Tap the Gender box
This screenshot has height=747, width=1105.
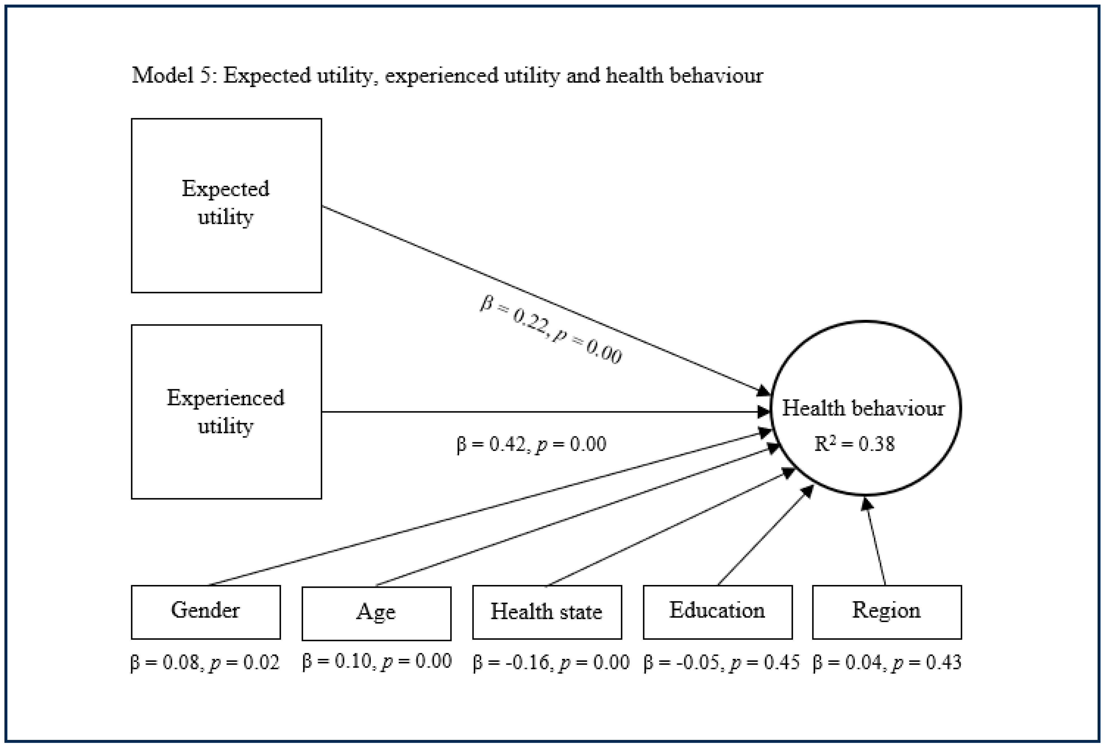point(205,612)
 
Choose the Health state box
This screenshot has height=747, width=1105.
point(547,612)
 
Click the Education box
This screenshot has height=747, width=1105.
point(718,612)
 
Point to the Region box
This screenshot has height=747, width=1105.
point(887,612)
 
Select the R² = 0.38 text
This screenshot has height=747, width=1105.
point(855,444)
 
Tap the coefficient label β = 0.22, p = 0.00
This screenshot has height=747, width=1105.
point(551,329)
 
